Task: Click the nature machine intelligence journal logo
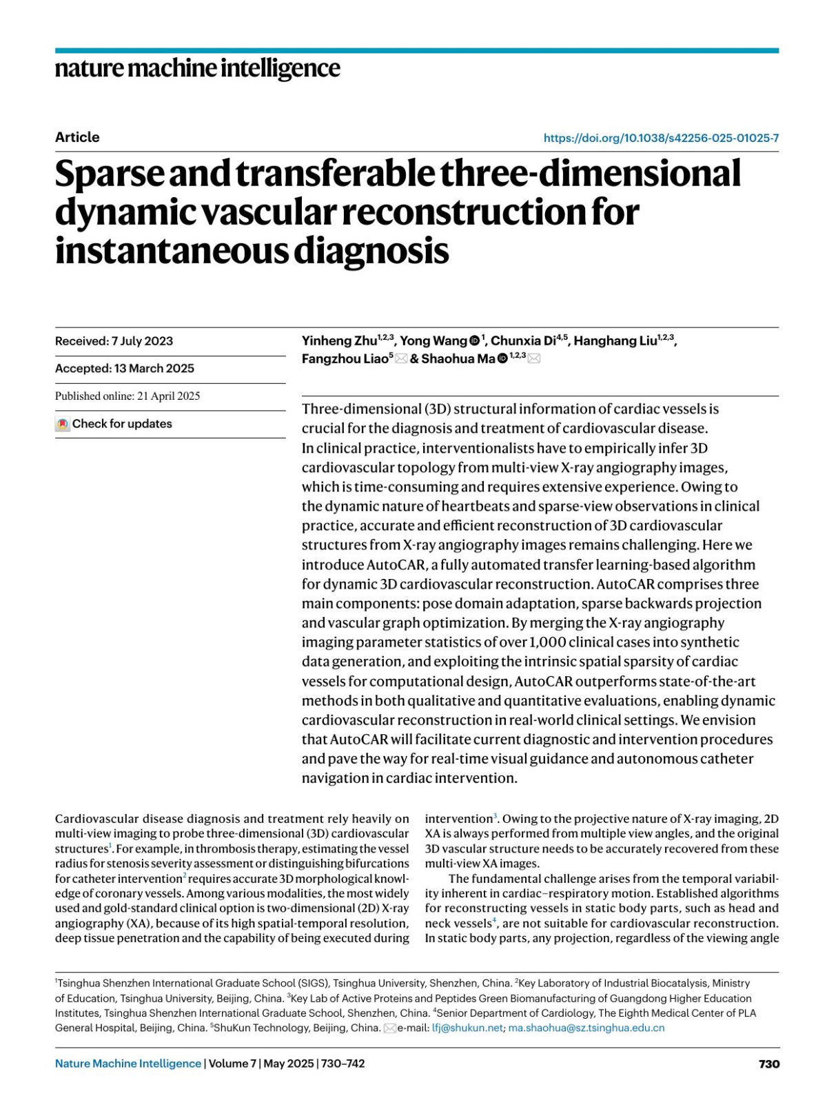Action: pos(197,69)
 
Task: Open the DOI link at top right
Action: pos(661,138)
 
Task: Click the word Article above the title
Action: pos(77,137)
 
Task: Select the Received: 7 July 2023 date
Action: pos(114,341)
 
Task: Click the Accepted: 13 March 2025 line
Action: pos(125,368)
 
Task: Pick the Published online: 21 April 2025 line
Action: pos(127,396)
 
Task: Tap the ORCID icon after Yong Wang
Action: pos(475,341)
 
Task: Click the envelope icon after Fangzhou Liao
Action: pos(401,358)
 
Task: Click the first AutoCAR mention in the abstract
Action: pos(396,565)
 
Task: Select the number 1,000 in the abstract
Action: pos(547,642)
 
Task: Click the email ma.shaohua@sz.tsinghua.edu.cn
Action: pos(586,1028)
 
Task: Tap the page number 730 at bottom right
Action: pos(769,1064)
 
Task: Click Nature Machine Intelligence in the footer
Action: pos(128,1064)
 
